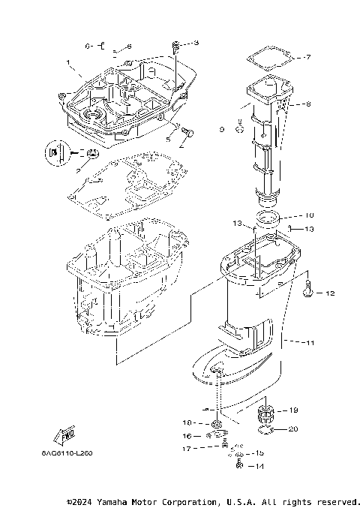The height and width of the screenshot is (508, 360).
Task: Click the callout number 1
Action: [x=67, y=62]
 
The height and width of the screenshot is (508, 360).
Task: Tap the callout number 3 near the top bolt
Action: [x=196, y=43]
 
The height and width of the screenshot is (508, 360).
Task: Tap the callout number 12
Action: [x=328, y=293]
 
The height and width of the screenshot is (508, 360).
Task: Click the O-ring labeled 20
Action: [x=264, y=431]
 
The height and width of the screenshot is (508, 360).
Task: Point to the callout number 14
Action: [x=260, y=466]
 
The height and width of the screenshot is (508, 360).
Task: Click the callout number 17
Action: [x=187, y=449]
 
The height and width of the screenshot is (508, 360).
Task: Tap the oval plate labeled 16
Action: [x=217, y=434]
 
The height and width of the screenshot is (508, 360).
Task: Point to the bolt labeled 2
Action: [x=187, y=134]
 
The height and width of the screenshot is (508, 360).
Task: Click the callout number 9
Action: [x=221, y=130]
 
